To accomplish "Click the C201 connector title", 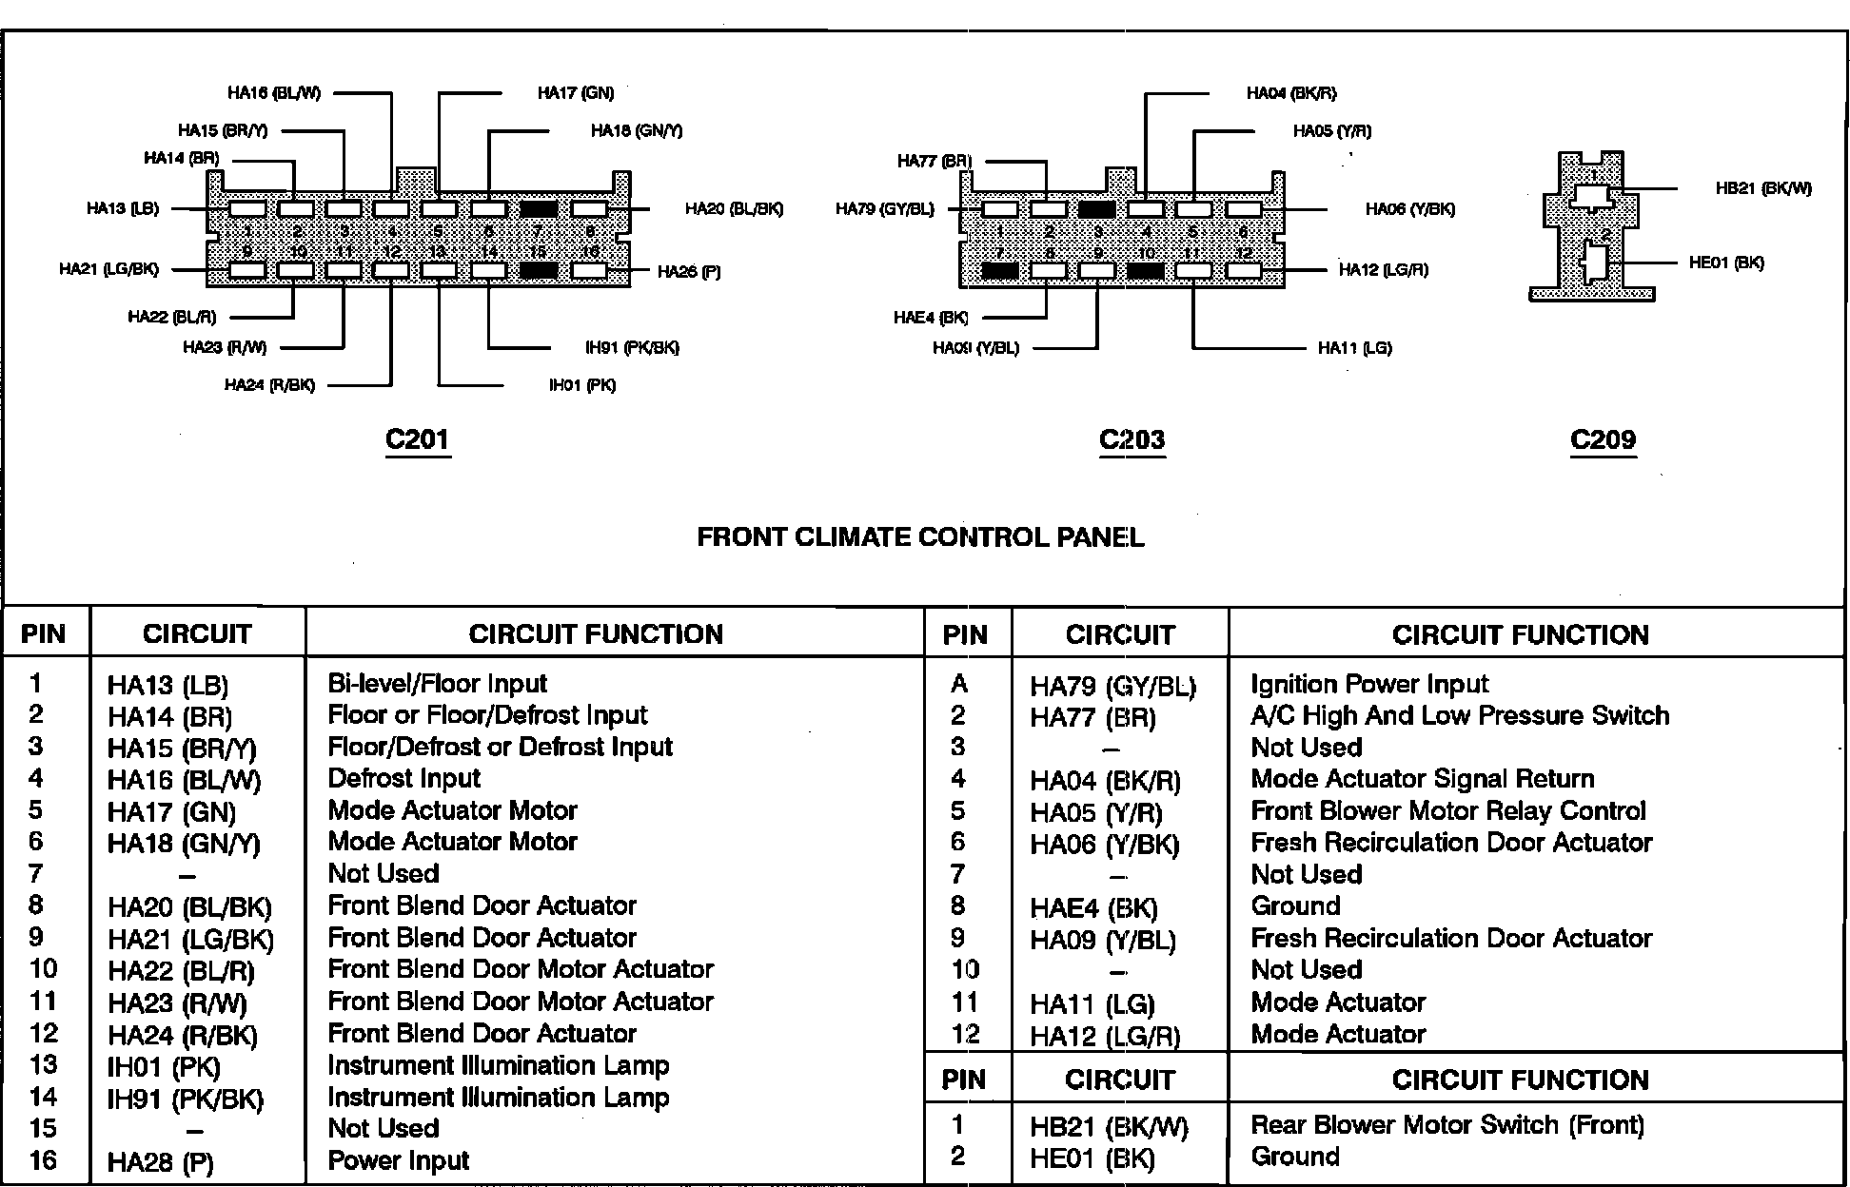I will (x=417, y=439).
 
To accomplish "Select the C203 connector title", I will (x=1132, y=439).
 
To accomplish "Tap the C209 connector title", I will (x=1603, y=439).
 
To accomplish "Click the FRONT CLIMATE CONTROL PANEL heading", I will (x=920, y=537).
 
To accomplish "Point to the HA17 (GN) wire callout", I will (x=575, y=93).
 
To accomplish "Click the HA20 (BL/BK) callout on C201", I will (x=734, y=208).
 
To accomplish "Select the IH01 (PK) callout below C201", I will (x=581, y=385).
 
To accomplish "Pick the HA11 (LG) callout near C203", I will (x=1354, y=348).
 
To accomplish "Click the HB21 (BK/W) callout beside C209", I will (x=1762, y=188).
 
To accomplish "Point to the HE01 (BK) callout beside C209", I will (x=1726, y=263).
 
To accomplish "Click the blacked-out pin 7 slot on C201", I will (x=539, y=208).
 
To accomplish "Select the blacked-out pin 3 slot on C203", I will (x=1097, y=208).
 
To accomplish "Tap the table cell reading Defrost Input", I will (x=403, y=779).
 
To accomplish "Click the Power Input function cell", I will (x=398, y=1160).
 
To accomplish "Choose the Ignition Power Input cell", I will (x=1368, y=684).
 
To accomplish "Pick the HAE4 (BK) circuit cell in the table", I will (x=1093, y=907).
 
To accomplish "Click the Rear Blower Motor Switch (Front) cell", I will (x=1447, y=1125).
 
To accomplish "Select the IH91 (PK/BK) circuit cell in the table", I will (x=185, y=1099).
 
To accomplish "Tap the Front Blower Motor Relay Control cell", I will (x=1447, y=811).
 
